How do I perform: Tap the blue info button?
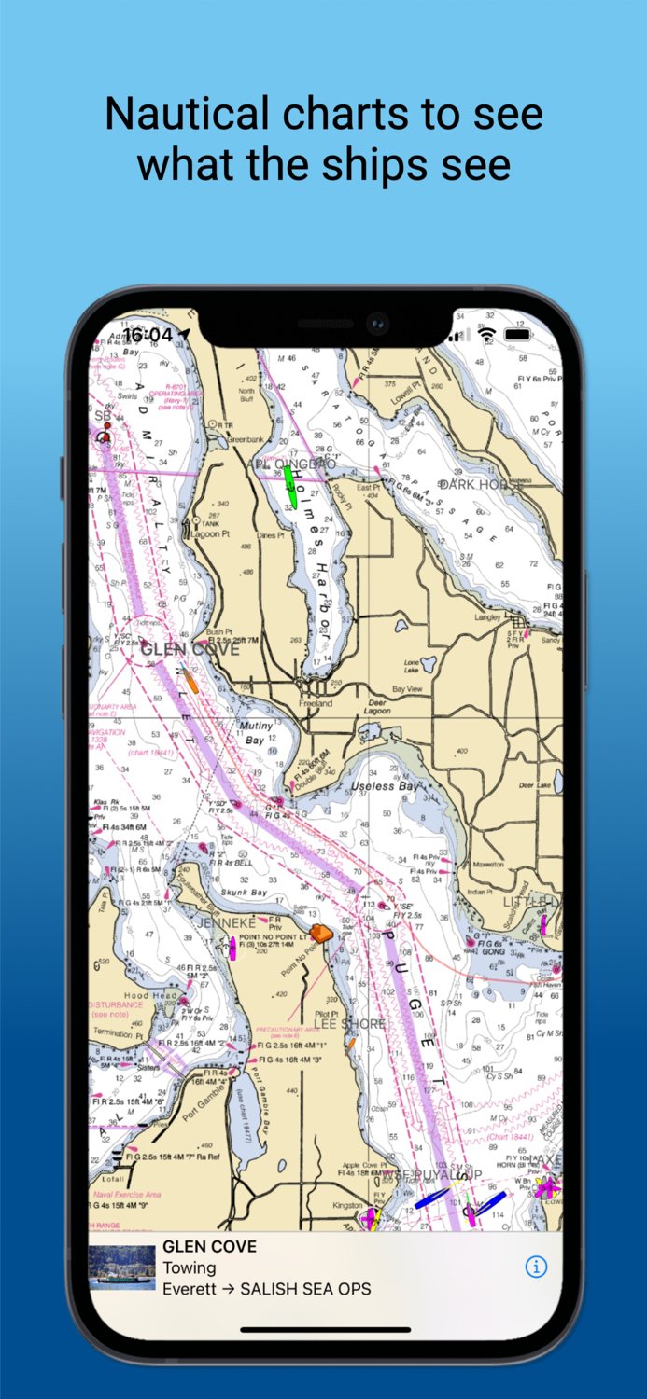[x=536, y=1267]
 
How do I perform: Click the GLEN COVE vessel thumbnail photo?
[x=121, y=1267]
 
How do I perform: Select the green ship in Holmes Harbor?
[x=290, y=487]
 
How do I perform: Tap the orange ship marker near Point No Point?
[x=321, y=933]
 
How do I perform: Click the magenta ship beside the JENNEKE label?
[x=232, y=949]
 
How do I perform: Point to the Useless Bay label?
[x=385, y=786]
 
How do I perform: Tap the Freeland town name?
[x=316, y=702]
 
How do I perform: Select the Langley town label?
[x=488, y=616]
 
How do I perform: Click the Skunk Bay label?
[x=244, y=892]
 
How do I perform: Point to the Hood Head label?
[x=149, y=995]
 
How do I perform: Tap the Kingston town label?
[x=348, y=1206]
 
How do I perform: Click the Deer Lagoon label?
[x=377, y=707]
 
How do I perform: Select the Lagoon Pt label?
[x=211, y=534]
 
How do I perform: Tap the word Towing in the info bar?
[x=190, y=1267]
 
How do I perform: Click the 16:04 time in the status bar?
[x=148, y=335]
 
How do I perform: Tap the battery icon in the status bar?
[x=517, y=334]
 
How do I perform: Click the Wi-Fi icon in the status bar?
[x=486, y=334]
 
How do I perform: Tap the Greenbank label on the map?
[x=245, y=437]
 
